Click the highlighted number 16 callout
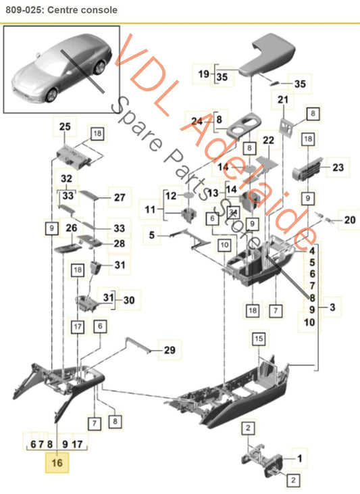[x=57, y=462]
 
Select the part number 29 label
[x=170, y=349]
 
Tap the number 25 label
[x=65, y=126]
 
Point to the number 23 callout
[x=338, y=168]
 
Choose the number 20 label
[x=350, y=220]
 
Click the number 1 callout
[x=299, y=458]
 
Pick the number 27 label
[x=120, y=197]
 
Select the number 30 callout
[x=129, y=300]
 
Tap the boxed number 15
[x=259, y=339]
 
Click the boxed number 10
[x=224, y=245]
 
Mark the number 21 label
[x=283, y=100]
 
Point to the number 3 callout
[x=332, y=307]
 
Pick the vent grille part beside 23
[x=308, y=169]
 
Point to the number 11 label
[x=150, y=209]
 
